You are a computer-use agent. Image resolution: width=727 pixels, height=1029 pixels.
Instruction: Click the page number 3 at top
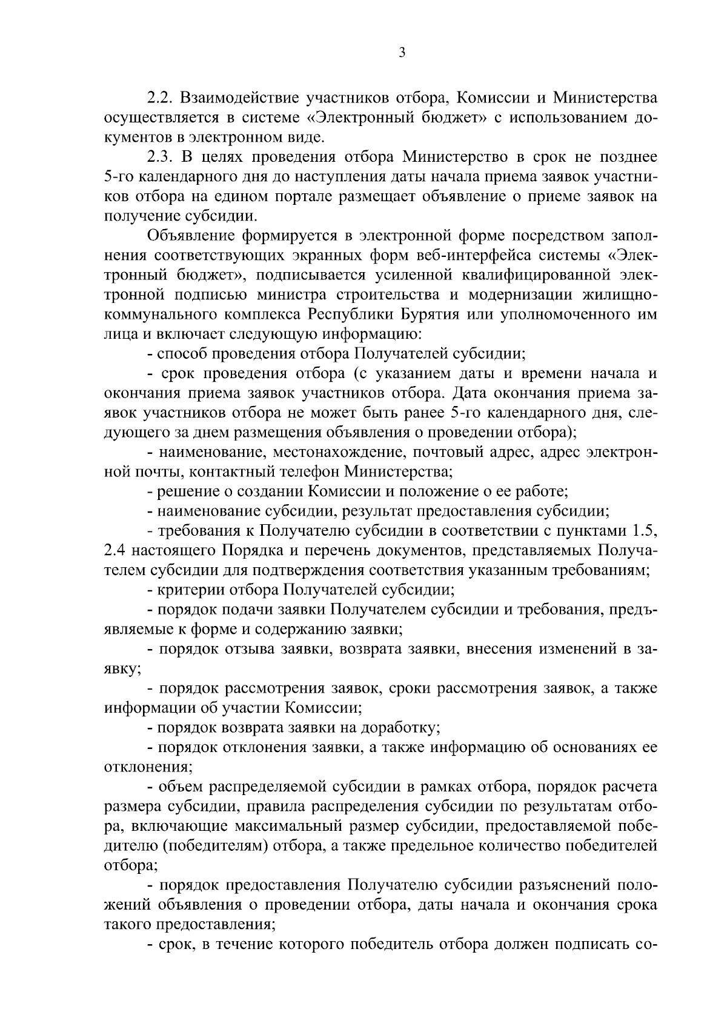[402, 53]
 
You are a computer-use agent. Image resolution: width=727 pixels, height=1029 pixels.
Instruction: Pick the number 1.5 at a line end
[645, 531]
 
